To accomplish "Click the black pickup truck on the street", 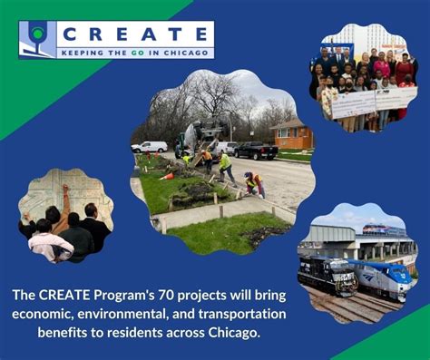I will click(257, 150).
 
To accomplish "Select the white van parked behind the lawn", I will click(150, 146).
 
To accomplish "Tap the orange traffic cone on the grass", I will click(166, 176).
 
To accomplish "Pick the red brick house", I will click(292, 135).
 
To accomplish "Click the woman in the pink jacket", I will click(382, 69).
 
